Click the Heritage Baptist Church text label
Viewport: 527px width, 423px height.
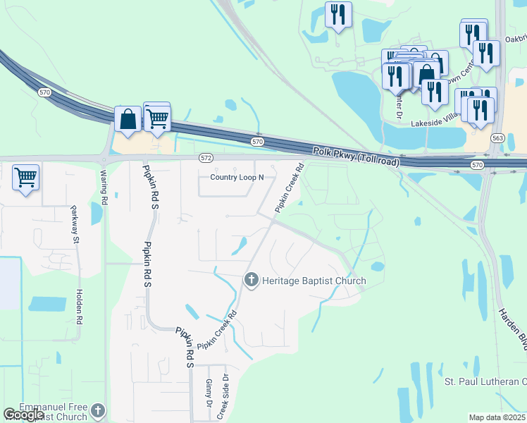point(314,281)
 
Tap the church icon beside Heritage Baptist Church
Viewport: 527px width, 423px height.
point(250,281)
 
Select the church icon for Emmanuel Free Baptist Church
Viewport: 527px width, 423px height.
point(99,410)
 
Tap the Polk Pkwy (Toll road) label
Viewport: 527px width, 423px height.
point(356,157)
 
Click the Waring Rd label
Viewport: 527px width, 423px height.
point(104,186)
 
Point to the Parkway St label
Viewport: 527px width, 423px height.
point(75,225)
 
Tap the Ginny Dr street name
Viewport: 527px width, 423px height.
point(209,393)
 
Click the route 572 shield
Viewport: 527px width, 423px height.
point(206,157)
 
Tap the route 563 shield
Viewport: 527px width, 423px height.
point(498,138)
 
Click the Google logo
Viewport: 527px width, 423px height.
point(23,415)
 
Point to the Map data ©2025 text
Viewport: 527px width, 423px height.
point(497,417)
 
